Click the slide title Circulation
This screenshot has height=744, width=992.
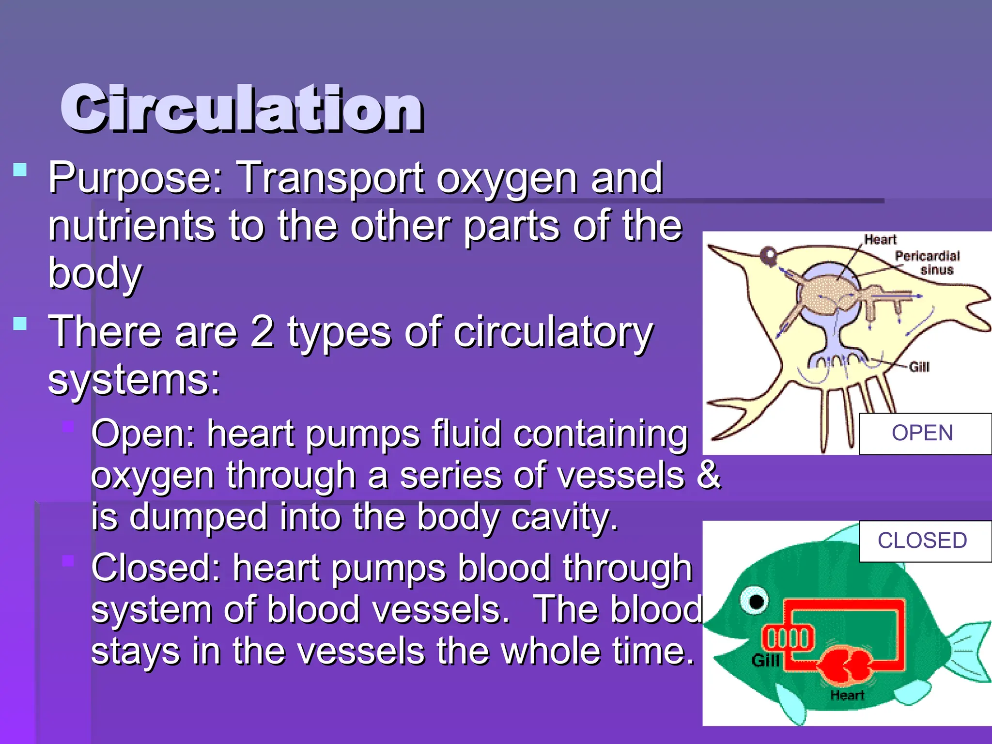pos(242,109)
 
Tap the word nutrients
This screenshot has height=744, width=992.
pos(131,226)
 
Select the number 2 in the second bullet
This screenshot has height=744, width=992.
pos(262,332)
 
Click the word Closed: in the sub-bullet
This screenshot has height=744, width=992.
pos(155,568)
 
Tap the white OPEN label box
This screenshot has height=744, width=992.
pos(923,433)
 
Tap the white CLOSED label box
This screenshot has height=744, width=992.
pos(923,541)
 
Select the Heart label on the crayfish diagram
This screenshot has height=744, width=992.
pos(880,239)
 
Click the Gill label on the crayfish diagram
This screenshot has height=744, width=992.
pos(919,367)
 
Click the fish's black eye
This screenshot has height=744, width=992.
pos(756,602)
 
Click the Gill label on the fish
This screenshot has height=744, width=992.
pos(765,660)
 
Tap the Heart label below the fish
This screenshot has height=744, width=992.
pos(847,695)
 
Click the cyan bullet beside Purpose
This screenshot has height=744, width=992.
pos(20,170)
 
